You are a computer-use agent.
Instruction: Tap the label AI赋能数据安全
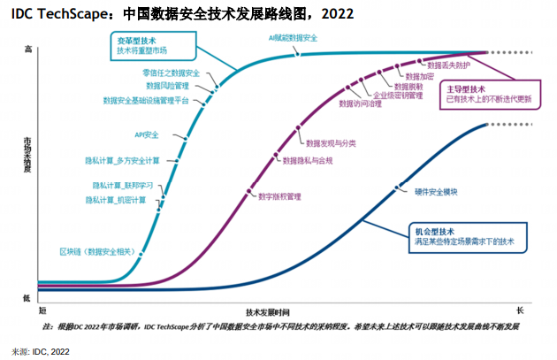click(x=293, y=39)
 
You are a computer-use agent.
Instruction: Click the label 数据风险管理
click(x=167, y=86)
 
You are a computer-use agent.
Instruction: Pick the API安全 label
click(x=146, y=134)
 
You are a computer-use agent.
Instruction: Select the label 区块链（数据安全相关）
click(x=97, y=252)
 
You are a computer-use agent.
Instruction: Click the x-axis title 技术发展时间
click(x=268, y=312)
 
